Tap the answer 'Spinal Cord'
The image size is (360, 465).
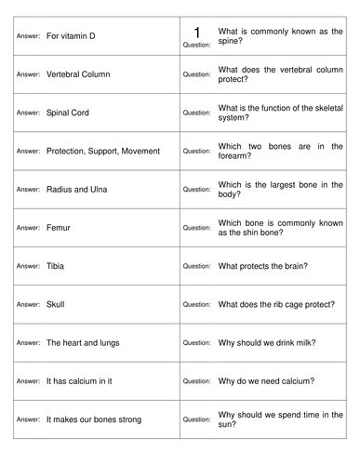point(70,112)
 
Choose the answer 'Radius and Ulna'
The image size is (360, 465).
point(76,189)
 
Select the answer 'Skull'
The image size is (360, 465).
point(56,304)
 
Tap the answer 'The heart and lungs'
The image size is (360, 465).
point(82,343)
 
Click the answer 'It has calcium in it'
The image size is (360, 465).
point(82,381)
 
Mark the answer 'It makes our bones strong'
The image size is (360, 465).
point(93,419)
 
